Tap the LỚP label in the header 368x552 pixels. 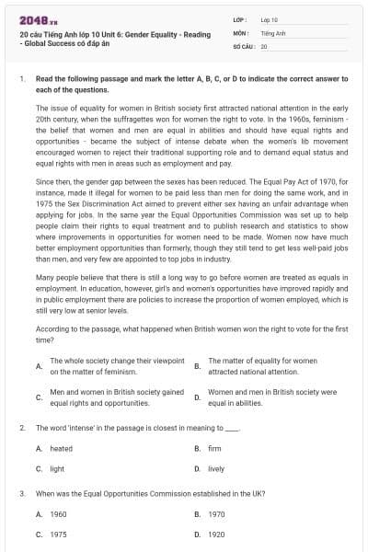(x=240, y=18)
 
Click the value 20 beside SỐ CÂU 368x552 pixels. (x=264, y=44)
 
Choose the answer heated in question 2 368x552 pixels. (x=61, y=448)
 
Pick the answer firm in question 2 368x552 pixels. (x=214, y=448)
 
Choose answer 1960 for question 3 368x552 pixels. (x=58, y=513)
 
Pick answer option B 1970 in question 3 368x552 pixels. (x=216, y=513)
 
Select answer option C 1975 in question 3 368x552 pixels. (x=58, y=533)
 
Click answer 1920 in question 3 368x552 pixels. (x=216, y=533)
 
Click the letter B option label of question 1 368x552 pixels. (x=197, y=366)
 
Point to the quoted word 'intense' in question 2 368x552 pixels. (x=76, y=428)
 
